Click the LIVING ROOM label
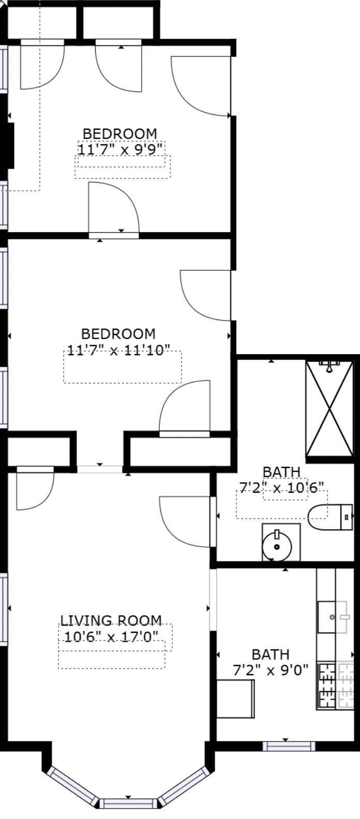[x=111, y=620]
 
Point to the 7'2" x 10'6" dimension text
[x=281, y=487]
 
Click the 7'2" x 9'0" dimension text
[x=271, y=671]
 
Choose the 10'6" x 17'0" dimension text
[x=111, y=635]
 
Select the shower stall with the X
[x=329, y=408]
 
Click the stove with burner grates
[x=326, y=686]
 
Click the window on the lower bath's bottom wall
[x=289, y=746]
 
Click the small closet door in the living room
[x=35, y=488]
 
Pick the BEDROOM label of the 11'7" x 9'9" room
[x=119, y=134]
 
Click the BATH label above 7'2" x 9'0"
[x=270, y=655]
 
